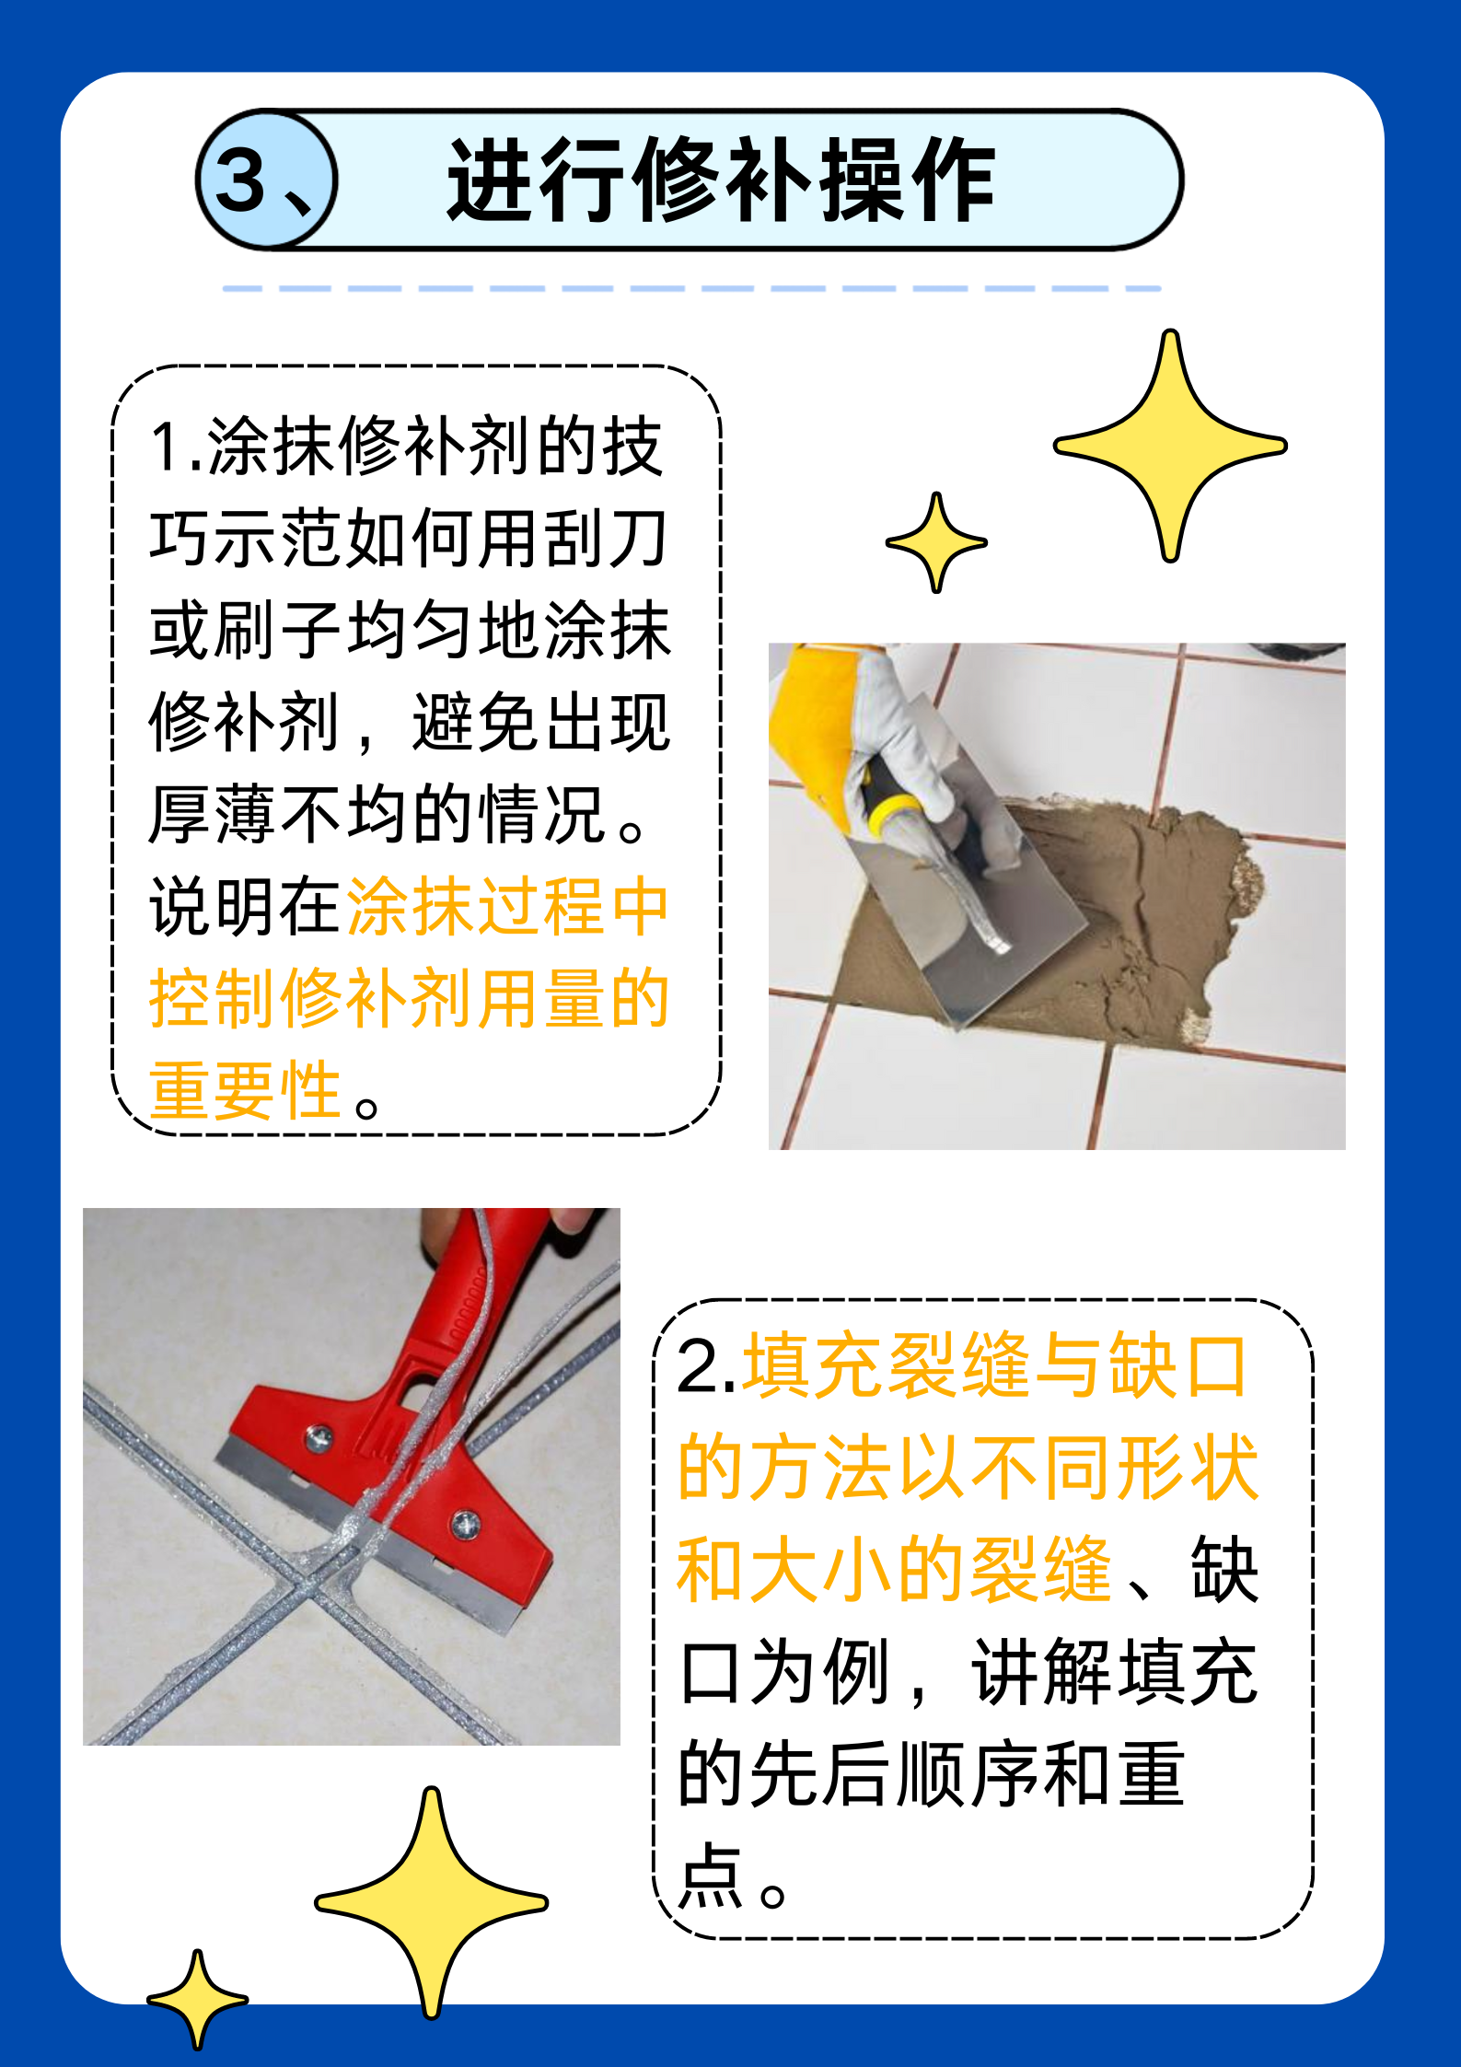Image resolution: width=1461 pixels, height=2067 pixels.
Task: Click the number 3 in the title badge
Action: [x=241, y=180]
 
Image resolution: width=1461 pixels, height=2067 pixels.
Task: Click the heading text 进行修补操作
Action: [x=720, y=180]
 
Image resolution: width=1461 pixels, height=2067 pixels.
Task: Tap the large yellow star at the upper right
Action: [x=1170, y=446]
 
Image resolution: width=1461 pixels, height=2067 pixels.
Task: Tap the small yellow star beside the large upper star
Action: [x=936, y=542]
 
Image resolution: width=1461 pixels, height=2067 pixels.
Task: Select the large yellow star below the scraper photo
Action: [x=431, y=1901]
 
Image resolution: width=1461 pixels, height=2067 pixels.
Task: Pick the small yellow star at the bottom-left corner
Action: [x=197, y=1999]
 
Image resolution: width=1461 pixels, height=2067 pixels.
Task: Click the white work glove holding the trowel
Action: [x=898, y=727]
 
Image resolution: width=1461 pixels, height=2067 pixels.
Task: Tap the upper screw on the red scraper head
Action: [x=319, y=1434]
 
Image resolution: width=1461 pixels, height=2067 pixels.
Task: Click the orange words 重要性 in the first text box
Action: [x=246, y=1090]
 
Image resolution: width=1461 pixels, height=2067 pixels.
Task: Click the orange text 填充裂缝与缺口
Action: [x=994, y=1366]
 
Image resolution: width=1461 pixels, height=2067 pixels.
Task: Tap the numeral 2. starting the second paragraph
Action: [x=704, y=1368]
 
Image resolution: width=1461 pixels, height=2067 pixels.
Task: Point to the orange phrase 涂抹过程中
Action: [x=507, y=907]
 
